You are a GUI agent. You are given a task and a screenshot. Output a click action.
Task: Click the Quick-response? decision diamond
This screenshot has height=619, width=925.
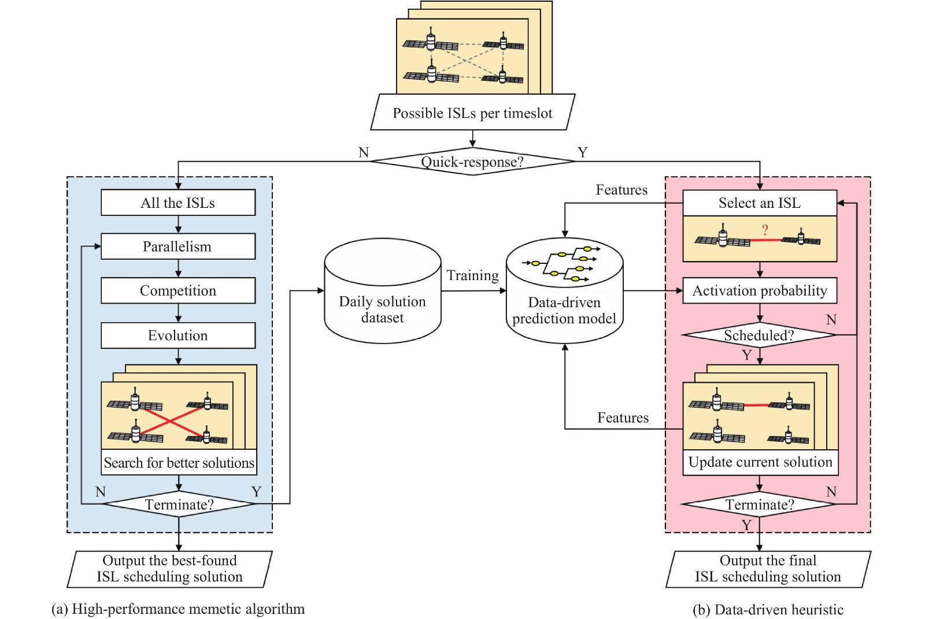click(472, 162)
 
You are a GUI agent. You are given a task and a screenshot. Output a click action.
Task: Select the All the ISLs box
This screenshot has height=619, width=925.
click(178, 203)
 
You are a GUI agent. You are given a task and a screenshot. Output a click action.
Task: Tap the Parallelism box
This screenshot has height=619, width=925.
click(178, 247)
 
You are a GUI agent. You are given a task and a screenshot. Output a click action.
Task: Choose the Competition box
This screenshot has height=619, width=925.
click(178, 290)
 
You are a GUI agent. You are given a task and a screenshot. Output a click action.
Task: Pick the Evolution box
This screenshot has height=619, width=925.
click(178, 335)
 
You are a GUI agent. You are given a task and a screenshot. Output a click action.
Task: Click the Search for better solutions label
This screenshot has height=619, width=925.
click(179, 463)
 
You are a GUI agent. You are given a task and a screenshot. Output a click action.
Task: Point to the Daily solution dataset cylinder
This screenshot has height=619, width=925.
click(382, 309)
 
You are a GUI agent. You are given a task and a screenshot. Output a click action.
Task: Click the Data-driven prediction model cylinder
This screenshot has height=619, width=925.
click(564, 310)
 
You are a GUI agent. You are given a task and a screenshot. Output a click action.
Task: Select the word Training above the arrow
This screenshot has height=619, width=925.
click(472, 275)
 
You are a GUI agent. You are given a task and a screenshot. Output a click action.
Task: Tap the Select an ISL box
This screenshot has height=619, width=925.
click(760, 203)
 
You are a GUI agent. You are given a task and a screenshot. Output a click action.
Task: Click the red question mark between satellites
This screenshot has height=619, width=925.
click(765, 230)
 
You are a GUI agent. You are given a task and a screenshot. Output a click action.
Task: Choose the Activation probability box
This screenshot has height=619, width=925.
click(760, 290)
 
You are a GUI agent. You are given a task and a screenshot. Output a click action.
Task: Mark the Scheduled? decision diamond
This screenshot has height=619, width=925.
click(759, 335)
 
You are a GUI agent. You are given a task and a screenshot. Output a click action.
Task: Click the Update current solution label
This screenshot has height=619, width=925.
click(760, 462)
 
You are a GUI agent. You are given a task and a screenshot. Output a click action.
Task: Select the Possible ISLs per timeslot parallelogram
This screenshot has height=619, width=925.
click(472, 113)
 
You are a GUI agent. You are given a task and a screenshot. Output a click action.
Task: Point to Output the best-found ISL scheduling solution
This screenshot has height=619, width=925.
click(169, 569)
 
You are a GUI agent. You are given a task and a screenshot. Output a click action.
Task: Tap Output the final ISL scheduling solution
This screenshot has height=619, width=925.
click(768, 569)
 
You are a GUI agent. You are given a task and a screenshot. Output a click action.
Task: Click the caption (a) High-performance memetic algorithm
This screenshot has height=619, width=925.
click(178, 609)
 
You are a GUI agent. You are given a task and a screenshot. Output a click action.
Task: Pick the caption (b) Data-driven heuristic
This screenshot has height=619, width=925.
click(768, 610)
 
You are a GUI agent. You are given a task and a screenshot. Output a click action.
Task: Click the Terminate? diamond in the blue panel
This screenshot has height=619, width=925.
click(179, 505)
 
